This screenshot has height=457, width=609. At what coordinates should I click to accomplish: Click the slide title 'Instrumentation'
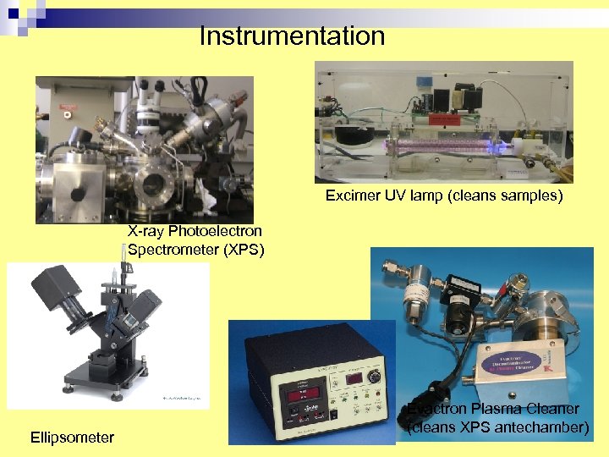[292, 36]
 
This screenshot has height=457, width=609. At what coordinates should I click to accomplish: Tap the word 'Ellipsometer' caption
[72, 438]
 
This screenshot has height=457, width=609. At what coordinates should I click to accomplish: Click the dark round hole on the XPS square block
[77, 193]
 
